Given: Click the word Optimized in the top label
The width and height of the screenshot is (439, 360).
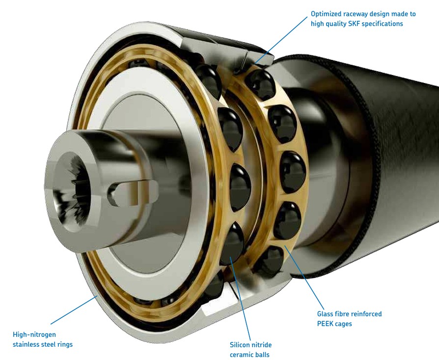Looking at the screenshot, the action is [x=325, y=14].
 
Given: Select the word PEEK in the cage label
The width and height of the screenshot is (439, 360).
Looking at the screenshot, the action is [x=325, y=324].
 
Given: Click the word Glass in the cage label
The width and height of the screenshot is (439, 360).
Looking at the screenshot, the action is [x=325, y=314].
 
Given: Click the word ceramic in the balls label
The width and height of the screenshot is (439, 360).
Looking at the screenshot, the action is [x=241, y=355].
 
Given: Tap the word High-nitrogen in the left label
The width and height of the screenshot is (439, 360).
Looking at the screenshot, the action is [x=34, y=335].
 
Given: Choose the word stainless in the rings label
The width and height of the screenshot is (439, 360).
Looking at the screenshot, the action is [x=27, y=344].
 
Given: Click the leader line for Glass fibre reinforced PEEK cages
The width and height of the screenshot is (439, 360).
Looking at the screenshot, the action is [x=304, y=277].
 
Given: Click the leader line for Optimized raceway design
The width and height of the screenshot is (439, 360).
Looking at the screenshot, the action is [x=281, y=39].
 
